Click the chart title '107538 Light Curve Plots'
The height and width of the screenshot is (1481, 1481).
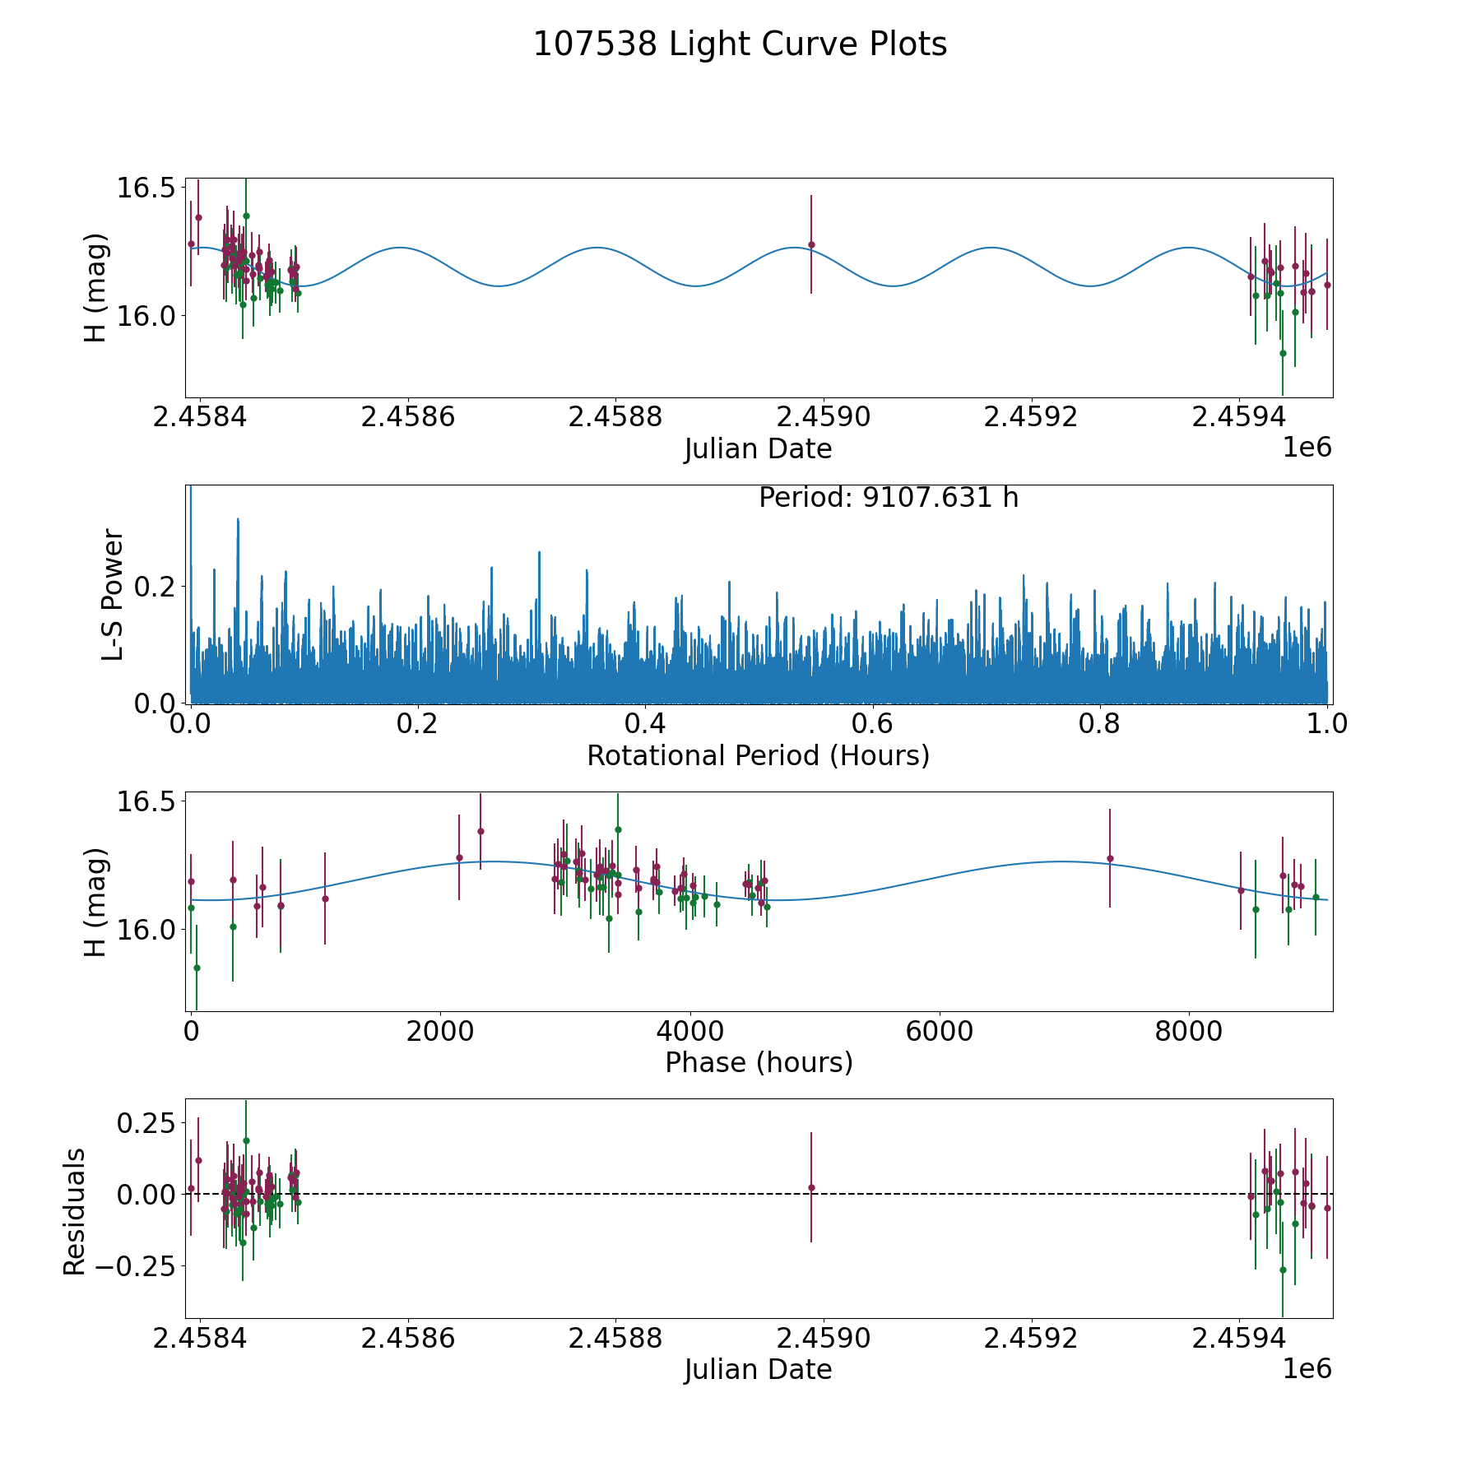point(740,44)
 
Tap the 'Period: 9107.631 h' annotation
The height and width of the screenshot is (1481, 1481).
point(889,498)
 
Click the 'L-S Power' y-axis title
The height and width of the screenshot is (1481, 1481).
point(114,594)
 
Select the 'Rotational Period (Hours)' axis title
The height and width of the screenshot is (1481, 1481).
point(758,755)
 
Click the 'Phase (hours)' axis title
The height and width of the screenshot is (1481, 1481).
point(758,1062)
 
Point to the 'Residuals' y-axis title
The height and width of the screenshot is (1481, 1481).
point(75,1212)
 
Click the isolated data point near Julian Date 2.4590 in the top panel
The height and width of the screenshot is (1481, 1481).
point(811,244)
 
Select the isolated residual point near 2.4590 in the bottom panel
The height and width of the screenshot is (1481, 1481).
point(811,1187)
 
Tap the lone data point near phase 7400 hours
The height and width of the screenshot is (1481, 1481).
point(1110,858)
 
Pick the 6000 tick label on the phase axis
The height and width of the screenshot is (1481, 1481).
point(939,1031)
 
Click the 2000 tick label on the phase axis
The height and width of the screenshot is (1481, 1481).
point(440,1031)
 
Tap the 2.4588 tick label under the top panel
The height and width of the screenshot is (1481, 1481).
point(615,417)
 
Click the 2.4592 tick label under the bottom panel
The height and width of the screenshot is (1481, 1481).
point(1031,1338)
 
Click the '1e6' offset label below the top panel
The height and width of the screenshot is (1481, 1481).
point(1307,448)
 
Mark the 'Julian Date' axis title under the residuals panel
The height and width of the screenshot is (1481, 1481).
point(758,1370)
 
